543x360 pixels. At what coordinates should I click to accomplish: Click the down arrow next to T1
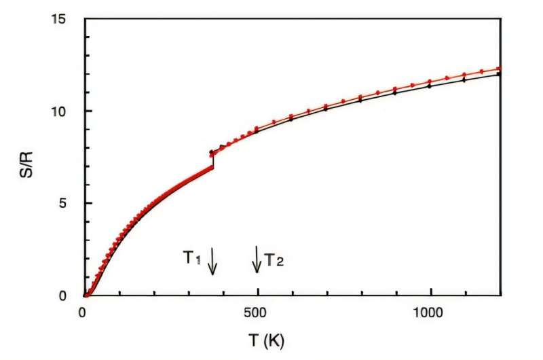click(212, 260)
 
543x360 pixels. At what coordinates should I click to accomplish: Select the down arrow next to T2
click(257, 259)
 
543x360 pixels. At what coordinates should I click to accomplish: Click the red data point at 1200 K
click(500, 69)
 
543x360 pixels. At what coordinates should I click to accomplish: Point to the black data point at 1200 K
click(500, 74)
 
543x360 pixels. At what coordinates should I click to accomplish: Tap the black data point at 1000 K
click(430, 86)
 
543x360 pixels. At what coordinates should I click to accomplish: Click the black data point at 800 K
click(360, 100)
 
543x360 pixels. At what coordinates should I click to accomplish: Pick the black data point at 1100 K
click(465, 80)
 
